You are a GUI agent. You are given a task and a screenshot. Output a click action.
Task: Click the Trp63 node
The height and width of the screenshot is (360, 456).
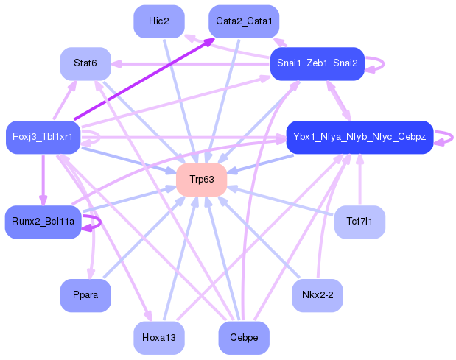click(x=202, y=180)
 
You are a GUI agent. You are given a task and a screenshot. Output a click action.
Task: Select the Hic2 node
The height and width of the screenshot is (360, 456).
click(x=159, y=21)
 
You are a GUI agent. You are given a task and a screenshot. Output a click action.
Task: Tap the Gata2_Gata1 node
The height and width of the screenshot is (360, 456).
click(x=244, y=21)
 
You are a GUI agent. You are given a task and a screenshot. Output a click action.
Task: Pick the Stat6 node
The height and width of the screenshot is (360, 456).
click(x=85, y=63)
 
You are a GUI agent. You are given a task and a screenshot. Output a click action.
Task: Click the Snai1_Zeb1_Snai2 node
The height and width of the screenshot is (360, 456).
click(x=318, y=63)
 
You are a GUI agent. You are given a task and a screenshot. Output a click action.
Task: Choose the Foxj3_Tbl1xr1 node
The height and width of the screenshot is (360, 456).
click(x=43, y=137)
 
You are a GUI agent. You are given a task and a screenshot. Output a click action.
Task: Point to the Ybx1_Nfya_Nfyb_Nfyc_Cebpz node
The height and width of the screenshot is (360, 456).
click(x=359, y=137)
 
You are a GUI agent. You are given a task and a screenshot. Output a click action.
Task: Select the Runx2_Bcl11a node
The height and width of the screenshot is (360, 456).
click(x=43, y=222)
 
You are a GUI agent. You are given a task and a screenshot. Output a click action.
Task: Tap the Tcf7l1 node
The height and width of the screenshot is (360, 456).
click(x=359, y=222)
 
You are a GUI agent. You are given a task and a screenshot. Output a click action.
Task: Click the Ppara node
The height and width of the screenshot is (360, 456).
click(x=85, y=295)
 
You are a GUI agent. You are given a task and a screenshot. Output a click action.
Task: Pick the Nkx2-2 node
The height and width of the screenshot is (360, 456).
click(x=318, y=295)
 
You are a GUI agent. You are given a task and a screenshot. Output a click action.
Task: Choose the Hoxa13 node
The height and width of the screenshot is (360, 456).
click(x=159, y=338)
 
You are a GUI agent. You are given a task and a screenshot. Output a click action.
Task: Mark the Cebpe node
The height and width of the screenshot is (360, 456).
click(x=244, y=338)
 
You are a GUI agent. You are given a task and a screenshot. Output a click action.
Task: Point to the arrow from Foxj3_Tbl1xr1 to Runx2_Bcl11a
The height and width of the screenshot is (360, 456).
click(x=43, y=180)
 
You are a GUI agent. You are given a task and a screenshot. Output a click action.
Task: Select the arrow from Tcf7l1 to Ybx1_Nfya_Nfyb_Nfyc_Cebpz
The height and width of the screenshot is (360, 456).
click(x=359, y=180)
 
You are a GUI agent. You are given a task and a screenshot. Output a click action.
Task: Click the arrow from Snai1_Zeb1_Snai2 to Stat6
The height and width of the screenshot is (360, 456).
click(x=191, y=63)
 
